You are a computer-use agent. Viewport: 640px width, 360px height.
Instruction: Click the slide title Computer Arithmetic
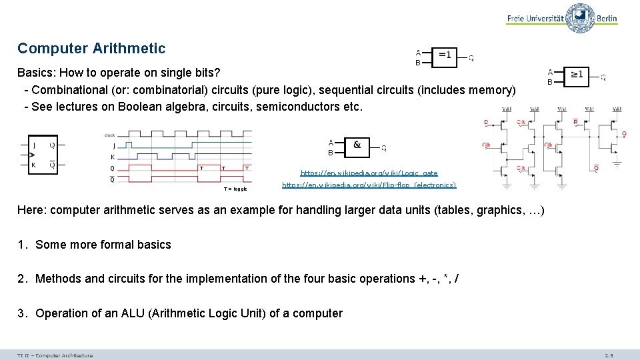click(x=91, y=49)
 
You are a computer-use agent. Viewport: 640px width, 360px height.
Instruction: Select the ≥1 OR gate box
click(x=577, y=75)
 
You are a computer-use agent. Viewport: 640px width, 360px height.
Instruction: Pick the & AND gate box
click(x=357, y=145)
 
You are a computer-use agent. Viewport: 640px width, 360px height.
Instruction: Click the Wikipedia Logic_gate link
click(x=369, y=173)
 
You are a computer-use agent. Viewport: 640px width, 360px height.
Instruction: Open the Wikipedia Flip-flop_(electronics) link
click(x=369, y=185)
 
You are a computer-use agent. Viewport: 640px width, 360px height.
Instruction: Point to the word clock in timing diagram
click(x=109, y=135)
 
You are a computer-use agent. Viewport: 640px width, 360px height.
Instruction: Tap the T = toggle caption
click(x=235, y=189)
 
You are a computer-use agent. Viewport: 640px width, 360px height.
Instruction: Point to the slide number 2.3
click(x=609, y=355)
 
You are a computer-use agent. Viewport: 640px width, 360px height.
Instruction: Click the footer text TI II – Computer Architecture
click(x=55, y=355)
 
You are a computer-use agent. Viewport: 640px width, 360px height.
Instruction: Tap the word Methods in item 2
click(x=58, y=279)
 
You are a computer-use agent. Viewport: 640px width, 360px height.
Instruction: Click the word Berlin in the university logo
click(x=607, y=19)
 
